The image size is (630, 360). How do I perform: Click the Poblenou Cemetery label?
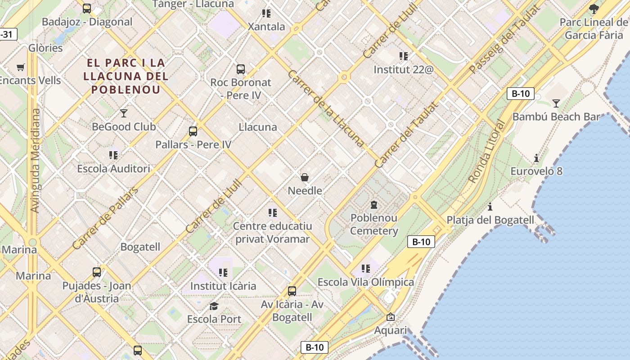coord(374,225)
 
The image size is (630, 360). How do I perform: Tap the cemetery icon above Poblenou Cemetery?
coord(373,205)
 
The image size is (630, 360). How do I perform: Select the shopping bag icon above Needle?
coord(305,177)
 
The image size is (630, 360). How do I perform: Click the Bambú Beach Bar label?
coord(556,117)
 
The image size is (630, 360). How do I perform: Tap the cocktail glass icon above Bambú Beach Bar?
coord(556,103)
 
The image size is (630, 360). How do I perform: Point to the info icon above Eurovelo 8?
coord(536,158)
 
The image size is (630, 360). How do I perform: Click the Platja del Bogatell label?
coord(490,220)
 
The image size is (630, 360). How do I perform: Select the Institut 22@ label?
coord(403,70)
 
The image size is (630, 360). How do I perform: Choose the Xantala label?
coord(266,27)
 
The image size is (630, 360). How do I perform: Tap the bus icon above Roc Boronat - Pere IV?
coord(241,69)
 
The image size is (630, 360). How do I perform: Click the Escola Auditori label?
coord(113,169)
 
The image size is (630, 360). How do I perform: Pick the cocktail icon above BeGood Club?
coord(124,113)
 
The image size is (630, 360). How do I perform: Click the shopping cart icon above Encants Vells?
coord(20,67)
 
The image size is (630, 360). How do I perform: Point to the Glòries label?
coord(45,48)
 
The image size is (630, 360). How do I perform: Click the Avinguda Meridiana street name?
coord(35,160)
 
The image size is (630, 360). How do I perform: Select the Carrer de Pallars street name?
coord(105,218)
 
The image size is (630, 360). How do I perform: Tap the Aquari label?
coord(391,331)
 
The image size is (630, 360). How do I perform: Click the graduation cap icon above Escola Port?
coord(214,306)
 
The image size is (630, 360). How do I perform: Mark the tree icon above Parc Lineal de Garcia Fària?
coord(594,9)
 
